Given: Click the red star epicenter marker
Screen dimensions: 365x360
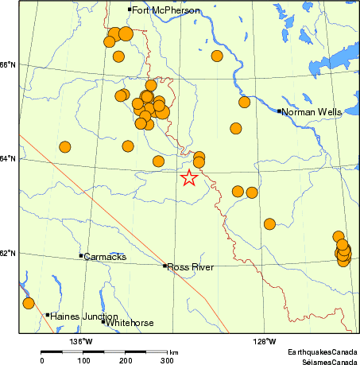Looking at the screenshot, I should [x=189, y=178].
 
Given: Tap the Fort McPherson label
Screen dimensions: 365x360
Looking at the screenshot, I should [x=166, y=10].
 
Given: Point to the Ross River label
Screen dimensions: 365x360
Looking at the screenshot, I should [x=189, y=267].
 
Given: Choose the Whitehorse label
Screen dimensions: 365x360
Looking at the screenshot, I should [x=130, y=323].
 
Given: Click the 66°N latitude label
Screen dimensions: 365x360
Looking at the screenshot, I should [x=9, y=64].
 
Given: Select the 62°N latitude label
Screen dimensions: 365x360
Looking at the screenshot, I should [x=9, y=253].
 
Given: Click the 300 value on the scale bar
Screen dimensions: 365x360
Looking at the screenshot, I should [x=168, y=360].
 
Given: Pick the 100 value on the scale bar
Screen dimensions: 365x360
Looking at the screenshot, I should [x=83, y=360].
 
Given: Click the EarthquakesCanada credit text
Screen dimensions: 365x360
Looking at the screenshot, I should [x=323, y=351].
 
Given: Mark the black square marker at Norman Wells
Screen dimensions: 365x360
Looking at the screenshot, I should [x=280, y=111].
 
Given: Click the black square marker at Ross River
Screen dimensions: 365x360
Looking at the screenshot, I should [x=165, y=266].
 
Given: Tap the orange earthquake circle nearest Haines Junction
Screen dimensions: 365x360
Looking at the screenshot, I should [x=29, y=303].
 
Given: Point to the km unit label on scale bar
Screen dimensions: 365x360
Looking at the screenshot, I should [x=173, y=351].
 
